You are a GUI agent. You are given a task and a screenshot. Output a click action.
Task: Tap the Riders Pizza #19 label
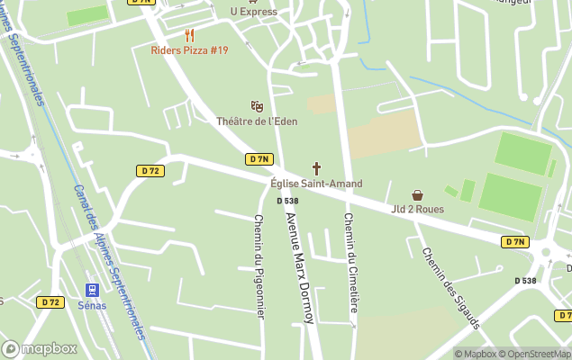[189, 50]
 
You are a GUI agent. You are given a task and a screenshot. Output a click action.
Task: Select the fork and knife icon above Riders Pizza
[189, 35]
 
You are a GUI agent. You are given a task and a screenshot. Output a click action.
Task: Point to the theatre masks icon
[258, 106]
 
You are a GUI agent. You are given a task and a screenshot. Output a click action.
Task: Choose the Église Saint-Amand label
[316, 184]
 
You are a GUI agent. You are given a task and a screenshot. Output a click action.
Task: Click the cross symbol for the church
[316, 168]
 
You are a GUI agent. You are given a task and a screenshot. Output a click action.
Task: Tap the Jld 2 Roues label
[417, 210]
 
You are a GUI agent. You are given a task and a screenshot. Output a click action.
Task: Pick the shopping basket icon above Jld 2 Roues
[417, 194]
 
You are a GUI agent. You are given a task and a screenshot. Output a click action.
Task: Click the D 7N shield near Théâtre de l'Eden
[259, 159]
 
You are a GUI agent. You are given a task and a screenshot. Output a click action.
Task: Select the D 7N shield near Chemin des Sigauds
[515, 242]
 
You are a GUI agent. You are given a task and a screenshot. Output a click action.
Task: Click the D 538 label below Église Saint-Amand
[287, 201]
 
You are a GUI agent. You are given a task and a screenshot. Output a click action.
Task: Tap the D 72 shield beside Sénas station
[50, 302]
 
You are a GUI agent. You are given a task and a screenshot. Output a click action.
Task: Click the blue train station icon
[91, 290]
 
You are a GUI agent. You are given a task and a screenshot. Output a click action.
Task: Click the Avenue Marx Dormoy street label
[298, 267]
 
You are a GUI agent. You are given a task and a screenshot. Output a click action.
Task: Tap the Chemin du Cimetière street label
[350, 263]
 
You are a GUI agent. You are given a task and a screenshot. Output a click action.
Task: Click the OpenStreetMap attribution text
[535, 354]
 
